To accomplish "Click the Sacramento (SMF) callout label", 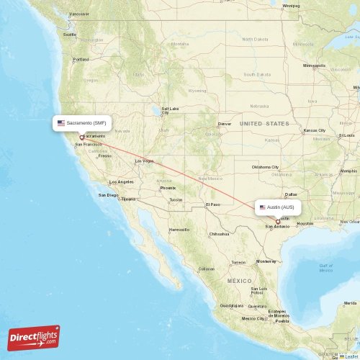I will coord(83,122).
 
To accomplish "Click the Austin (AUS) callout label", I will coord(277,207).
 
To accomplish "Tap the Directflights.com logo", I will coord(34,337).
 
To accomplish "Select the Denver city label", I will coord(225,124).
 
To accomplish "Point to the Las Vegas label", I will coord(145,161).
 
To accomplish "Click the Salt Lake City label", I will coord(169,110).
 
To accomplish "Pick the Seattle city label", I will coord(69,34).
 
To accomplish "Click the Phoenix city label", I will coord(168,188).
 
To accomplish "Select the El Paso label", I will coord(212,204).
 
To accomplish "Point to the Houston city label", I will coord(305,223).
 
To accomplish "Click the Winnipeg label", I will coord(291,6).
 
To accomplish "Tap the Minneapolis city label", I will coord(314,66).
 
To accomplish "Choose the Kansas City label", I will coord(314,130).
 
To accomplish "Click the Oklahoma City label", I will coord(265,167).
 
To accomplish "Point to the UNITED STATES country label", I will coord(264,124).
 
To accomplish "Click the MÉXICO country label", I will coord(239,280).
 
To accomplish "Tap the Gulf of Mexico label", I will coord(326,268).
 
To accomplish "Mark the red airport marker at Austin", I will coord(278,222).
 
